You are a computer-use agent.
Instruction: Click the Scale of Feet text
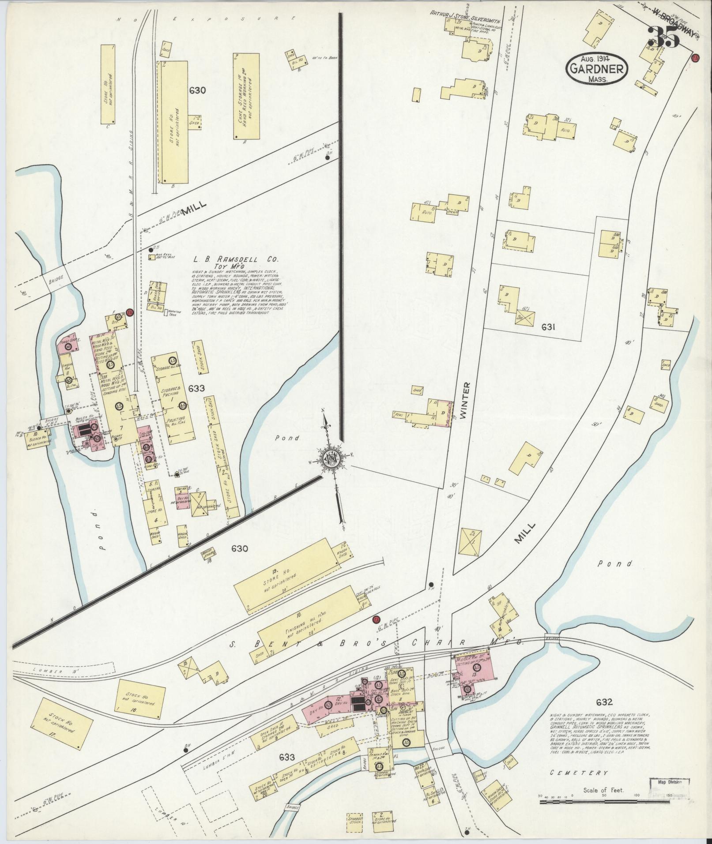click(x=603, y=790)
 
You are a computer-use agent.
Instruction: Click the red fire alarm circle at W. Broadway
click(x=696, y=58)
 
